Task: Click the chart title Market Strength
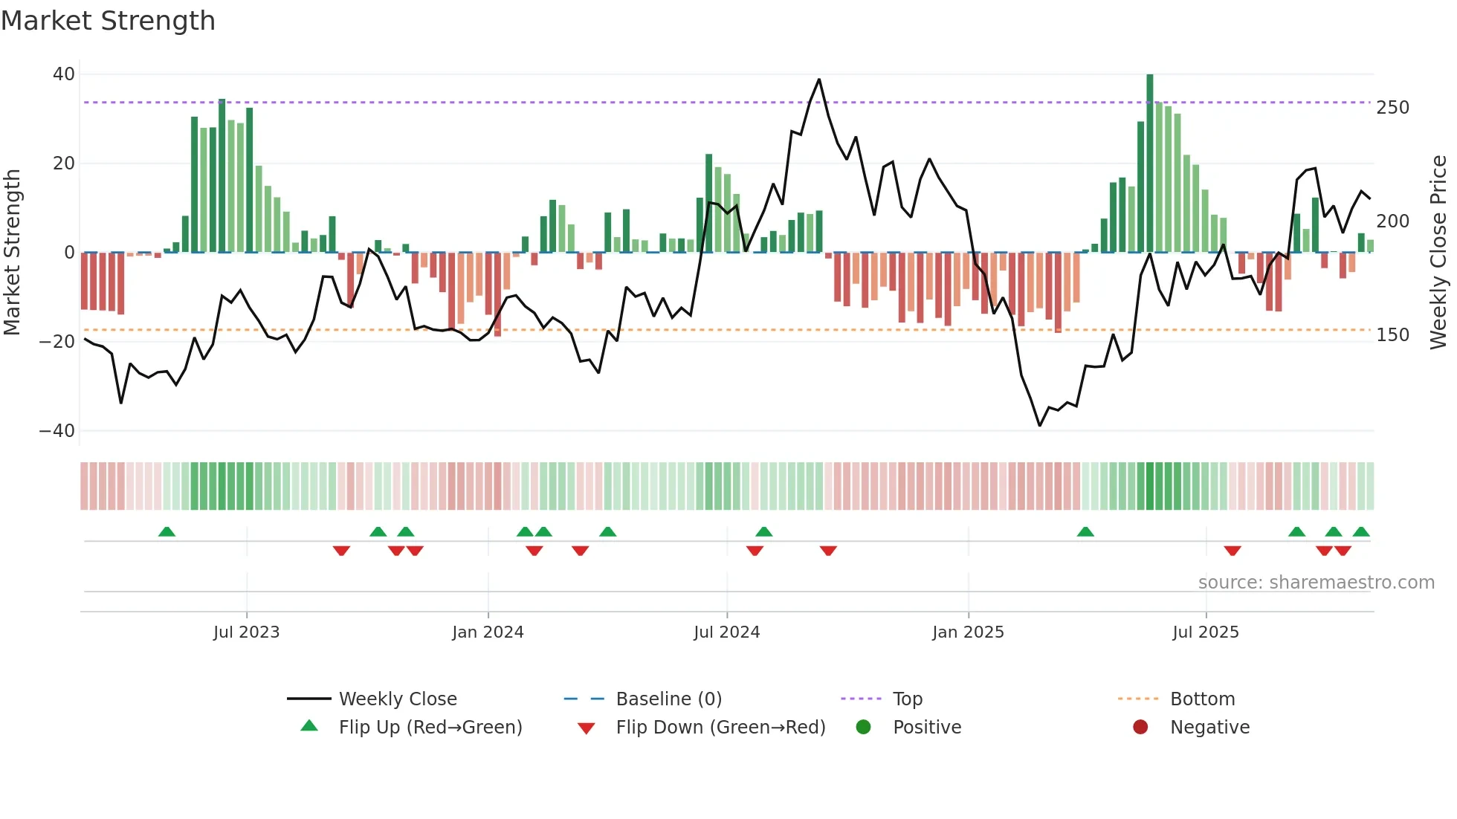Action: pyautogui.click(x=108, y=21)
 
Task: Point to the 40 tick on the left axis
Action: pyautogui.click(x=64, y=74)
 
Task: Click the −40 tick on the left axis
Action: pyautogui.click(x=57, y=431)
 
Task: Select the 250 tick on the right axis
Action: pyautogui.click(x=1392, y=108)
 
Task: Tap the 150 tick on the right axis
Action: pyautogui.click(x=1392, y=335)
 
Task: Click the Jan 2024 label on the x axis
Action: pyautogui.click(x=488, y=632)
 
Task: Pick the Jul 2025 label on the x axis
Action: pyautogui.click(x=1206, y=632)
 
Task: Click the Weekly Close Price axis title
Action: pyautogui.click(x=1438, y=253)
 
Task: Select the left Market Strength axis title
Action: pyautogui.click(x=12, y=253)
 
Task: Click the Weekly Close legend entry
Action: pyautogui.click(x=398, y=699)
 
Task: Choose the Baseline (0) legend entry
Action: pyautogui.click(x=668, y=699)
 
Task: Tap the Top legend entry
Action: pyautogui.click(x=907, y=699)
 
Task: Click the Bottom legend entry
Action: pyautogui.click(x=1202, y=699)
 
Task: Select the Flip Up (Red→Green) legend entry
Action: pyautogui.click(x=430, y=728)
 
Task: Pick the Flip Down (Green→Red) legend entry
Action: pyautogui.click(x=720, y=728)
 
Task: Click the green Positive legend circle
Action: pyautogui.click(x=863, y=728)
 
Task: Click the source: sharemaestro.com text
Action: pyautogui.click(x=1316, y=583)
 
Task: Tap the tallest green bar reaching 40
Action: pyautogui.click(x=1150, y=164)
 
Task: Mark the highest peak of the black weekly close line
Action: pyautogui.click(x=819, y=80)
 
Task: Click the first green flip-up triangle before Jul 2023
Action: pyautogui.click(x=167, y=532)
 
